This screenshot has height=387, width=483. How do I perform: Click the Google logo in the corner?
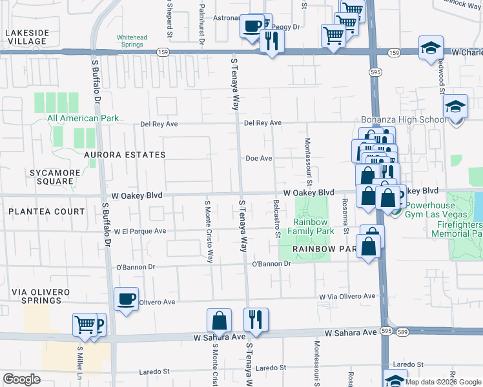21,379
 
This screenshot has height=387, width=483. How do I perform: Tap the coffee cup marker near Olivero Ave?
126,299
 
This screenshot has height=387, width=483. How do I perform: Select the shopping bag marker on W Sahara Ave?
219,321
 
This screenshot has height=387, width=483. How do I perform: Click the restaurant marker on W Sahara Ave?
256,321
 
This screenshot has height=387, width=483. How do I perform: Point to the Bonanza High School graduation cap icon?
456,107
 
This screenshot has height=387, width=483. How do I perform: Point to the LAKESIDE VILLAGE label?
26,37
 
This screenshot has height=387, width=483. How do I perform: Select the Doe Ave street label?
258,158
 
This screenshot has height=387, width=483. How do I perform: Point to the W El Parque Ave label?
140,230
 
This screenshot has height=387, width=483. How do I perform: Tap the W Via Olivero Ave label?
347,296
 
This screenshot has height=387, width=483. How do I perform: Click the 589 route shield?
402,332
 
